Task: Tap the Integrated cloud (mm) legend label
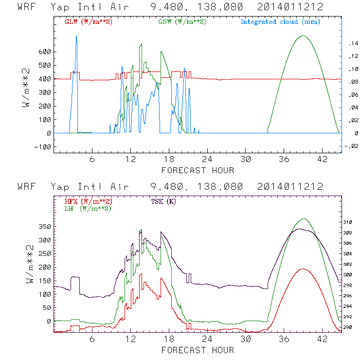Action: [280, 22]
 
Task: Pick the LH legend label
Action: [87, 208]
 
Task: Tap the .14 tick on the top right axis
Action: [350, 44]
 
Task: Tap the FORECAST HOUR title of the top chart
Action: [198, 170]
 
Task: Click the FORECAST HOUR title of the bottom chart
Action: [198, 350]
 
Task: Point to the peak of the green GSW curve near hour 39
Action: [303, 36]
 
